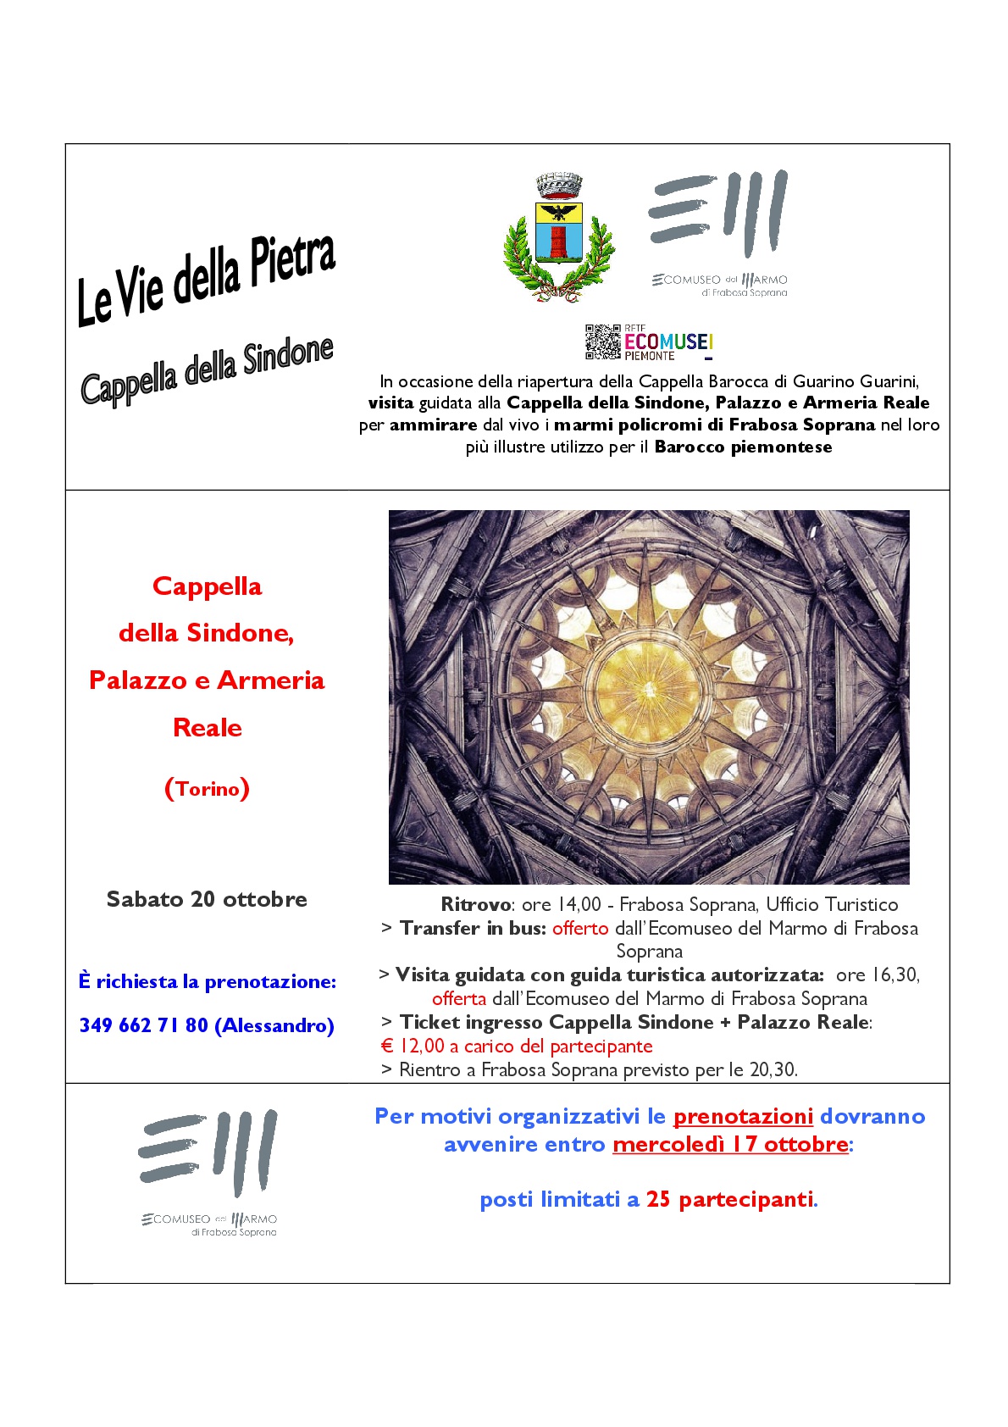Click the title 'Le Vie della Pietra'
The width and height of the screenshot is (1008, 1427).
(x=207, y=280)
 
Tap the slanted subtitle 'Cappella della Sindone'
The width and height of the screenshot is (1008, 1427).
(x=208, y=372)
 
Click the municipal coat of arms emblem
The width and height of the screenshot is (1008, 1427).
(x=558, y=238)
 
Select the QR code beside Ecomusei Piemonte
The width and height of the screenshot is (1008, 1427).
(x=602, y=341)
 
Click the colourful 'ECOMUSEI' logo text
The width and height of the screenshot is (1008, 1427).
(x=668, y=341)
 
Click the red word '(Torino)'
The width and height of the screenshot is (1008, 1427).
(x=208, y=789)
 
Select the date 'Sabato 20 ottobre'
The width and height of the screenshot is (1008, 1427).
(x=207, y=899)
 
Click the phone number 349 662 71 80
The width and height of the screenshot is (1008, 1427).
(x=143, y=1025)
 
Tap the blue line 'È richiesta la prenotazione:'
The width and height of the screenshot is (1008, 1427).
(x=208, y=981)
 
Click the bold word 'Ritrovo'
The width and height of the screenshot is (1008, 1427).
(x=476, y=904)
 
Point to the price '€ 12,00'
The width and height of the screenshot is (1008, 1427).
(x=413, y=1046)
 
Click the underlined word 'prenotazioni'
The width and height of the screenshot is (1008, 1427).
(x=743, y=1116)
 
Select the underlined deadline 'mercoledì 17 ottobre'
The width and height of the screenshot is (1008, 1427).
(x=730, y=1144)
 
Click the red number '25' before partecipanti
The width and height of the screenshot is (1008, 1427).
(x=658, y=1199)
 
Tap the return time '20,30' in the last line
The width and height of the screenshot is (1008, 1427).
(x=773, y=1069)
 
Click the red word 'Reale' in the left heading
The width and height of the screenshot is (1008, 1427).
(x=208, y=728)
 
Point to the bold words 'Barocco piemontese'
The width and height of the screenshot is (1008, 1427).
(x=743, y=447)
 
